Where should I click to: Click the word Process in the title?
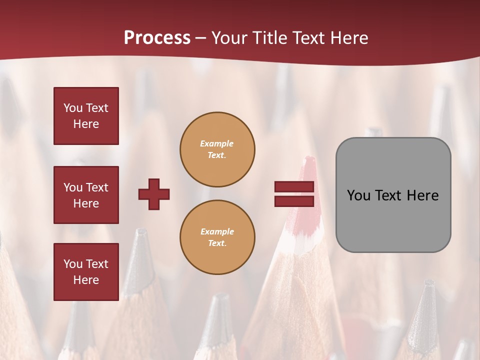coord(157,38)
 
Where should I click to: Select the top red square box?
coord(86,116)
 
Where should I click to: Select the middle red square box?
coord(86,195)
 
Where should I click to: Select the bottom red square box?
coord(86,272)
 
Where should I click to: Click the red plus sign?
coord(154,194)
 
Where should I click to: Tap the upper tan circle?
coord(217,149)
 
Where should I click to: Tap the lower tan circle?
coord(217,237)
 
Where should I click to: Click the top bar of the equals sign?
coord(294,187)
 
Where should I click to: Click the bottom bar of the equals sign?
coord(294,201)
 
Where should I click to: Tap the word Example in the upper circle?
coord(216,143)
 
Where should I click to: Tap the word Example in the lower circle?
coord(216,231)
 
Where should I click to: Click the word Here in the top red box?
coord(86,124)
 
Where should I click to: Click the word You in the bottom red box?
coord(73,264)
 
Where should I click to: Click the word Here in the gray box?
coord(422,195)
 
